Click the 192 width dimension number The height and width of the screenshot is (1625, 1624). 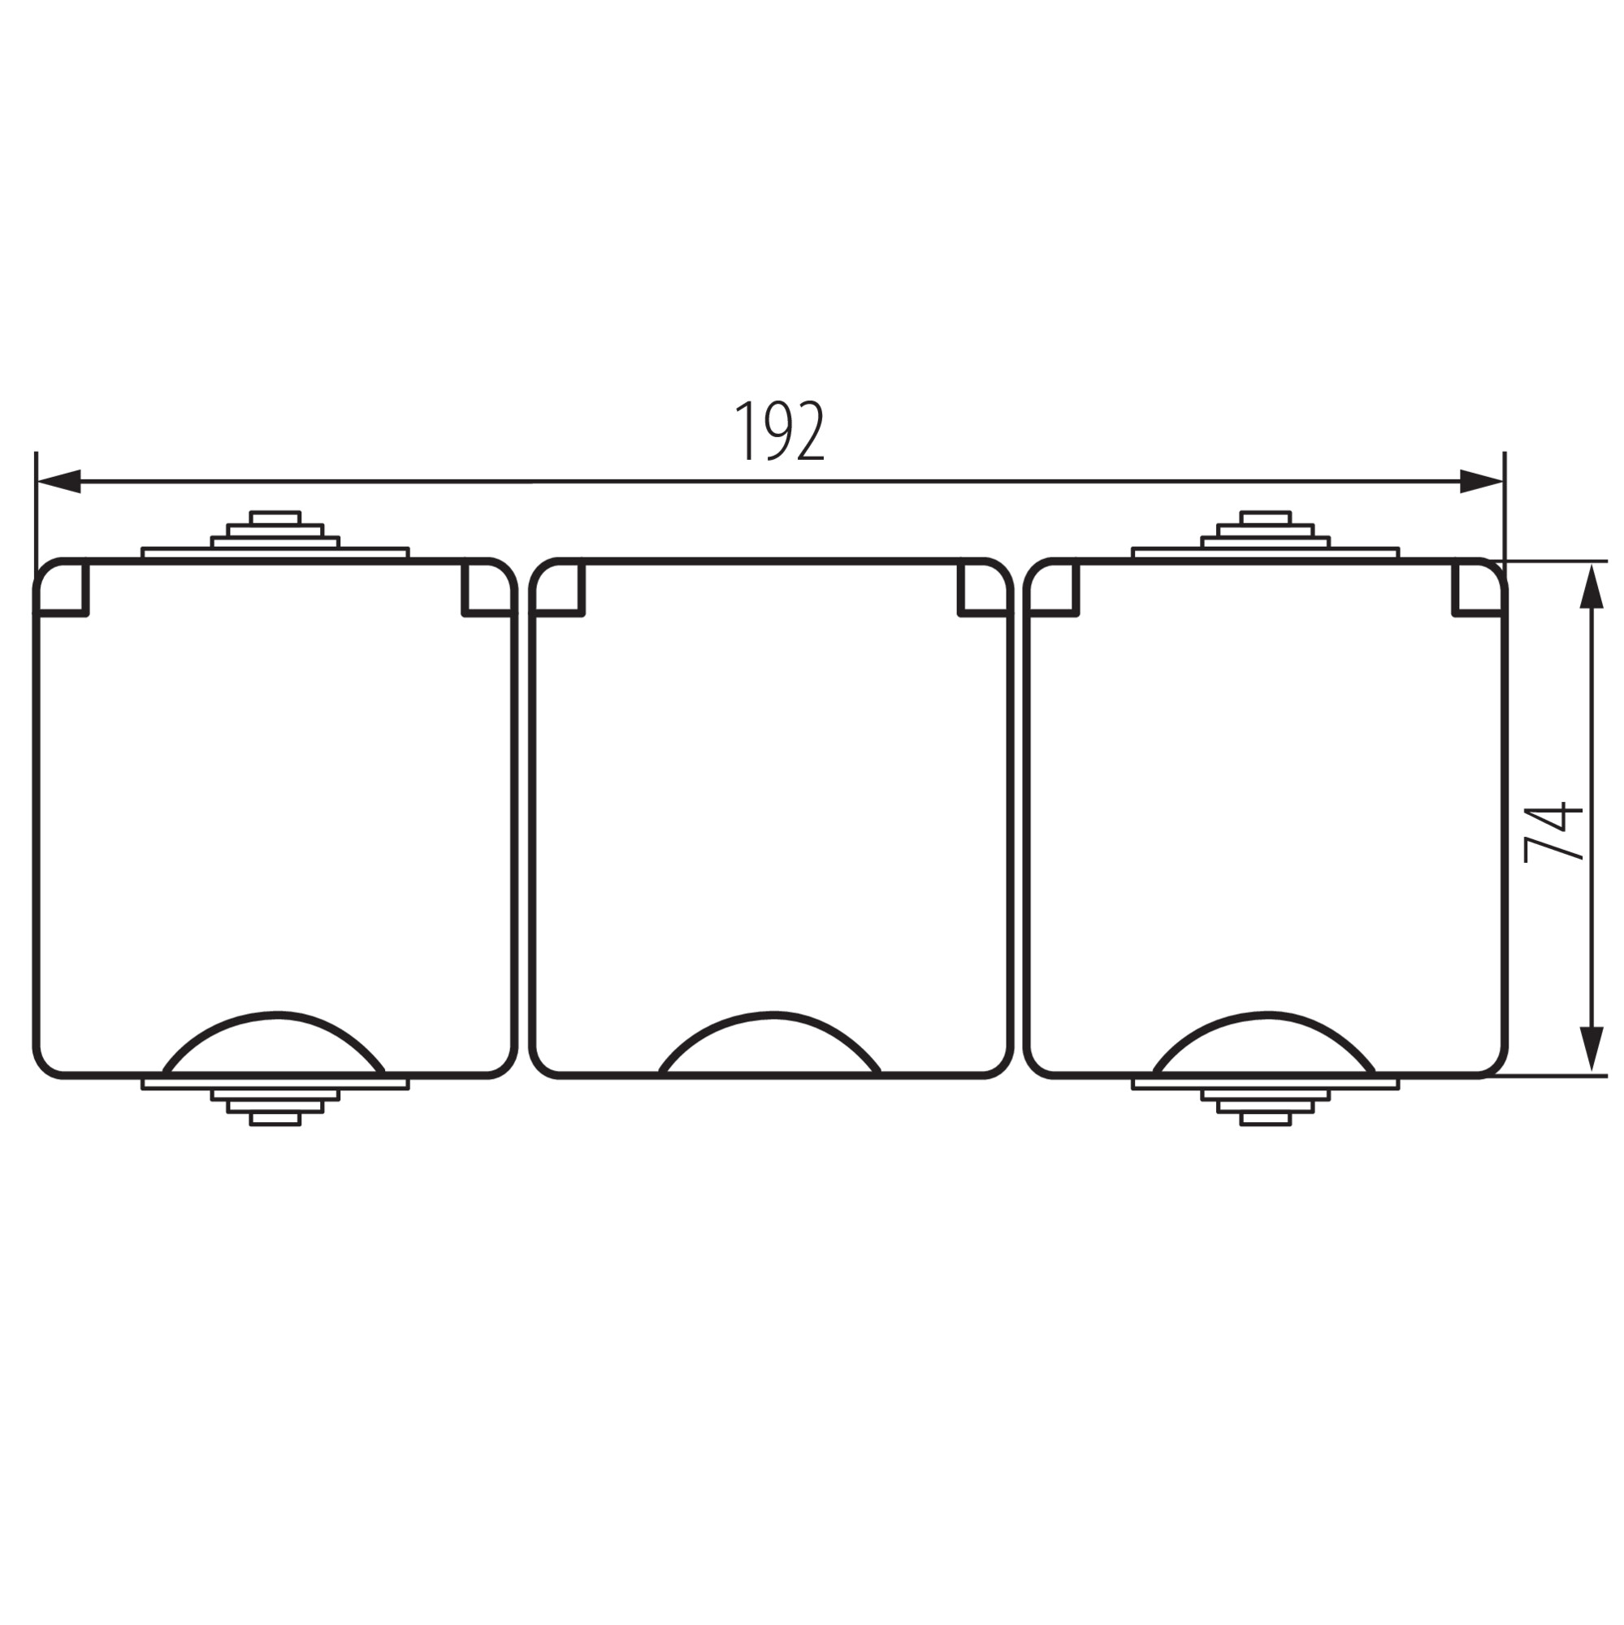click(780, 431)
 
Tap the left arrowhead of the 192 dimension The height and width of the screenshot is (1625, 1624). click(58, 482)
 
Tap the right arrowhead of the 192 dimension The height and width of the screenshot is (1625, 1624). click(1482, 482)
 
